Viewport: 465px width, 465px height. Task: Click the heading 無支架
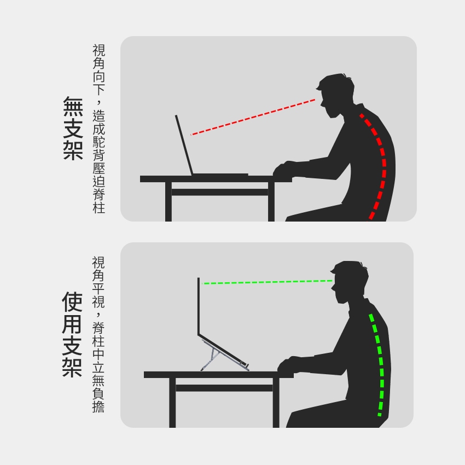coord(73,128)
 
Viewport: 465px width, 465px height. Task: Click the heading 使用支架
coord(72,334)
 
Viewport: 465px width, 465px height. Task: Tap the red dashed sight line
coord(253,117)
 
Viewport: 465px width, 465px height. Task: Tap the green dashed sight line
coord(267,282)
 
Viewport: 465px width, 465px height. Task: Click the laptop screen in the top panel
coord(184,145)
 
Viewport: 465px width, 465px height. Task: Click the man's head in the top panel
coord(335,95)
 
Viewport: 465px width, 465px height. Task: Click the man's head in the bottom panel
coord(350,282)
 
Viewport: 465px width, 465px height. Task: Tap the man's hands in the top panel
coord(284,170)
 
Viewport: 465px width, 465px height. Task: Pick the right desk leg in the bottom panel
coord(276,403)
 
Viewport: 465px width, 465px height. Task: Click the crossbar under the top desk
coord(220,192)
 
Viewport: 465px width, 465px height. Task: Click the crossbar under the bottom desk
coord(224,388)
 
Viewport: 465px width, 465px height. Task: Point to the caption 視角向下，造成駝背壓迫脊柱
coord(99,129)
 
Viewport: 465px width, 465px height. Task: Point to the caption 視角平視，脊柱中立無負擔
coord(98,334)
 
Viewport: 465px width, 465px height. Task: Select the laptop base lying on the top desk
coord(220,175)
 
